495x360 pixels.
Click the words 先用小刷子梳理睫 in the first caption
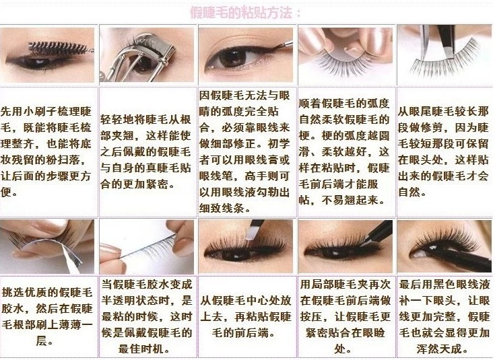pos(46,111)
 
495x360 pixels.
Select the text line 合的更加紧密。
pos(138,184)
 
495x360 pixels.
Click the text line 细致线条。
pos(226,208)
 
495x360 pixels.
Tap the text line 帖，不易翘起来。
pos(342,200)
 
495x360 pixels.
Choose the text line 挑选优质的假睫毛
pos(47,292)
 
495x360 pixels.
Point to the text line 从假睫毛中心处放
pos(245,300)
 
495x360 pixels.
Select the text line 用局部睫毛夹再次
pos(345,284)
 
